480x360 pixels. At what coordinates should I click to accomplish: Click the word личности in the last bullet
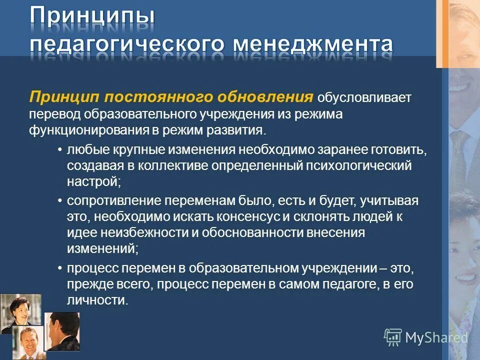coord(96,300)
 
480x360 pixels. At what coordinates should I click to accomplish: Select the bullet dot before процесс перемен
coord(59,268)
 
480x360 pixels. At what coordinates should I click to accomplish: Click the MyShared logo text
coord(436,337)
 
